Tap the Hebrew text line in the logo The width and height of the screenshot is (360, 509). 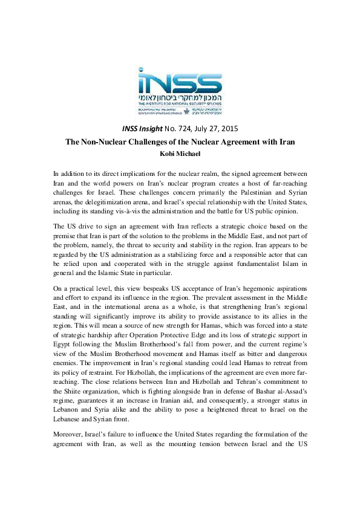[x=180, y=97]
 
